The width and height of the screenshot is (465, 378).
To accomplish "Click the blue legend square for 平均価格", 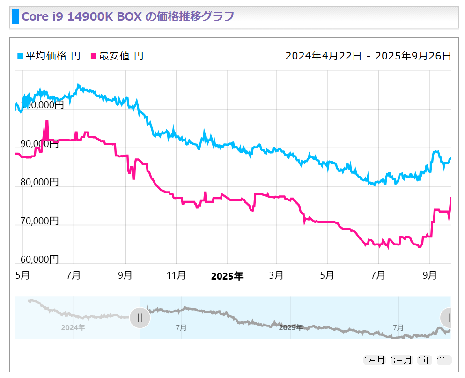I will pos(20,56).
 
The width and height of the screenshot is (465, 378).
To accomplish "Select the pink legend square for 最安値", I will pos(93,56).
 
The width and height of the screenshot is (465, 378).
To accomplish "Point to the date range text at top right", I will pos(368,56).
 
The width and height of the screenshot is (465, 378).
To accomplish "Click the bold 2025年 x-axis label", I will pos(227,276).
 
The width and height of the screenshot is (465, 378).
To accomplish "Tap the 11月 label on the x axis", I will pos(176,275).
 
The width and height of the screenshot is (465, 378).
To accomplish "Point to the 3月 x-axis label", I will pos(276,275).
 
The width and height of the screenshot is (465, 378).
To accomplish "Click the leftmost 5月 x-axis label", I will pos(22,275).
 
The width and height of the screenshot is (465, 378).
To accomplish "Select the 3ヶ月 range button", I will pos(401,360).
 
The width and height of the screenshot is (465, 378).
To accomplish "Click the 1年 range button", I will pos(425,360).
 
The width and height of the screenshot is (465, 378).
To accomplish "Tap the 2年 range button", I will pos(443,360).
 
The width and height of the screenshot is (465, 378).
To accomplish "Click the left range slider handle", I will pos(140,318).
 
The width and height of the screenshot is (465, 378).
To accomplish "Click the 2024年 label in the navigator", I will pos(73,327).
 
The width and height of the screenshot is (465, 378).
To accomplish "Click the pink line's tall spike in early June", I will pos(47,123).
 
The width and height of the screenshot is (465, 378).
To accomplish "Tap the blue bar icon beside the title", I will pos(15,17).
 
